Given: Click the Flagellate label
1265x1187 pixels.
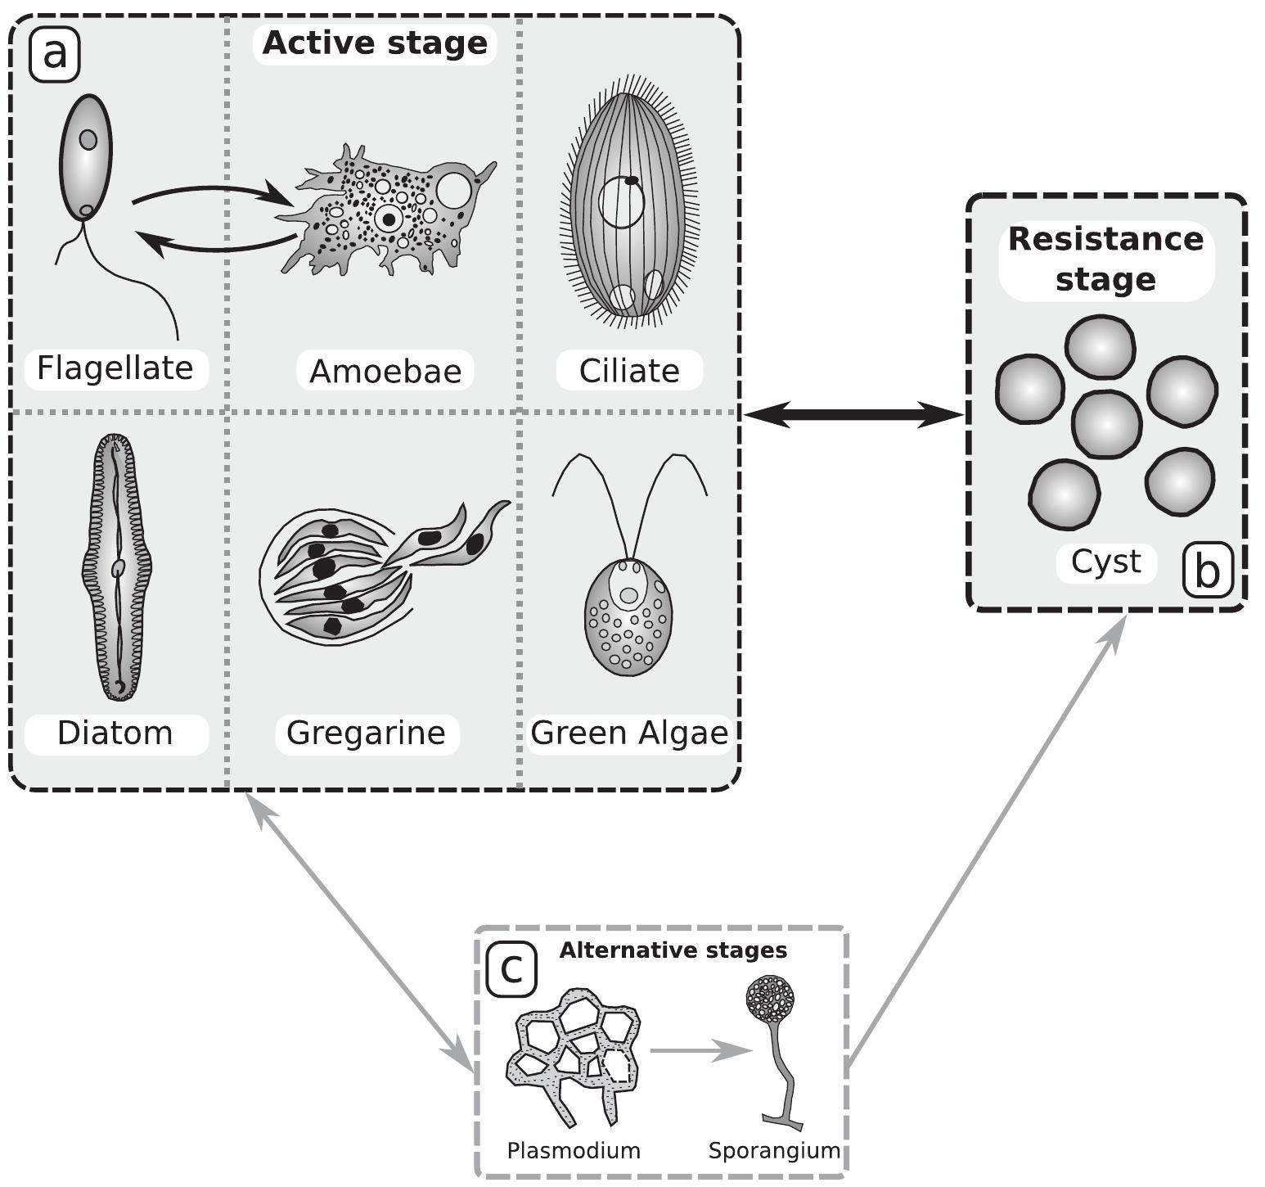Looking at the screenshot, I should coord(115,368).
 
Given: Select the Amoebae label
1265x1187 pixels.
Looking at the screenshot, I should coord(385,372).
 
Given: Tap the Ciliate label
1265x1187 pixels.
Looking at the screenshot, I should coord(629,372).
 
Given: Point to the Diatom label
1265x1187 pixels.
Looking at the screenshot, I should coord(115,733).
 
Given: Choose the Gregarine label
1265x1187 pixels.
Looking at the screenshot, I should coord(366,733).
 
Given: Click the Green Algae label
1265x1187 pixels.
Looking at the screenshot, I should coord(629,733).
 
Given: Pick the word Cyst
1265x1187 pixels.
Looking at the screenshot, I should coord(1105,563).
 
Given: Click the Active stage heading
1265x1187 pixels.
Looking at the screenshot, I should coord(375,43).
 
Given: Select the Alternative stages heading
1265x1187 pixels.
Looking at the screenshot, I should coord(673,950).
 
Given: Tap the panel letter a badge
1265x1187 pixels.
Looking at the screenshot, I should coord(55,55).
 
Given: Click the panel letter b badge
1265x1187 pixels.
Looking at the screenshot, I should coord(1207,571).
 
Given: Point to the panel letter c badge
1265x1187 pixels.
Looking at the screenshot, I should coord(511,969).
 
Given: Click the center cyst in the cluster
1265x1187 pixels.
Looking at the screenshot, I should coord(1105,425).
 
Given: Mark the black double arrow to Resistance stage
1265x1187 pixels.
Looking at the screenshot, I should coord(853,415).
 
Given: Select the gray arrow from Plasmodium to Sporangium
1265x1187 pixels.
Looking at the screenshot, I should coord(700,1050).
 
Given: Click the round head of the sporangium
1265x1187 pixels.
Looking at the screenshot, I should coord(770,999).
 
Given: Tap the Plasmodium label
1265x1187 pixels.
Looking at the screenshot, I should coord(574,1151).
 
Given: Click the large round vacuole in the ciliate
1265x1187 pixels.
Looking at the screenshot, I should coord(623,202).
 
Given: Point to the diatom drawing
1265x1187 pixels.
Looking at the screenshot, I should coord(118,566).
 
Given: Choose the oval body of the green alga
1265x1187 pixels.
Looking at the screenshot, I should coord(628,617).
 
